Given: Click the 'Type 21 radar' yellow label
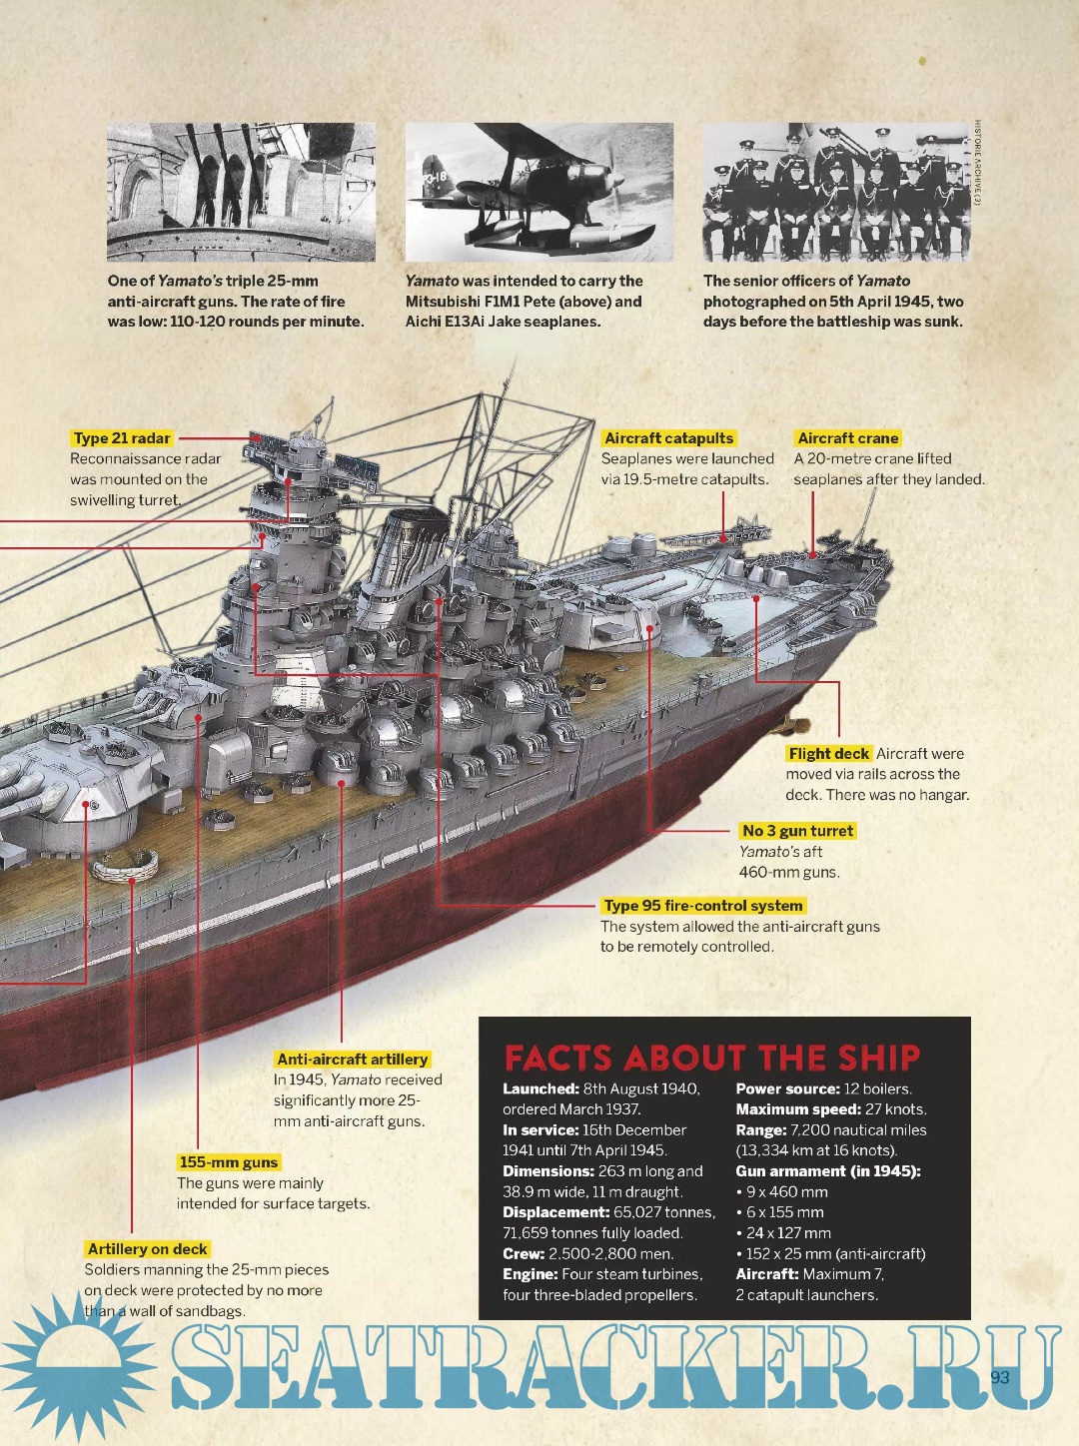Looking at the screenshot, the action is point(121,438).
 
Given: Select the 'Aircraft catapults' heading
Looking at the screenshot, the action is point(668,438).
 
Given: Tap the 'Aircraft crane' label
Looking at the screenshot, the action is point(847,438).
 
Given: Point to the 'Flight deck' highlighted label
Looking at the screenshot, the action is point(828,754).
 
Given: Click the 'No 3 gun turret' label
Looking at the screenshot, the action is point(797,831).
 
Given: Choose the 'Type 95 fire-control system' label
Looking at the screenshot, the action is point(703,905).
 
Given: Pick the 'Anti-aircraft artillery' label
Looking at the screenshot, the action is point(352,1059).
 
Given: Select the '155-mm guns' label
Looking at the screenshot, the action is point(229,1162).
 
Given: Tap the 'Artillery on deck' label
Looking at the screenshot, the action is point(147,1248).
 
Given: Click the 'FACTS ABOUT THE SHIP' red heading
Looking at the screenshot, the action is point(712,1058).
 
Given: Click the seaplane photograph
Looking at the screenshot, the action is point(539,192).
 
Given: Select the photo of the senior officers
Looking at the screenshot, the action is point(836,192).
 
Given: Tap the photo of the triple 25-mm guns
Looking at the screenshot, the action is point(241,192).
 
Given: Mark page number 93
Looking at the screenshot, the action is point(999,1377).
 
